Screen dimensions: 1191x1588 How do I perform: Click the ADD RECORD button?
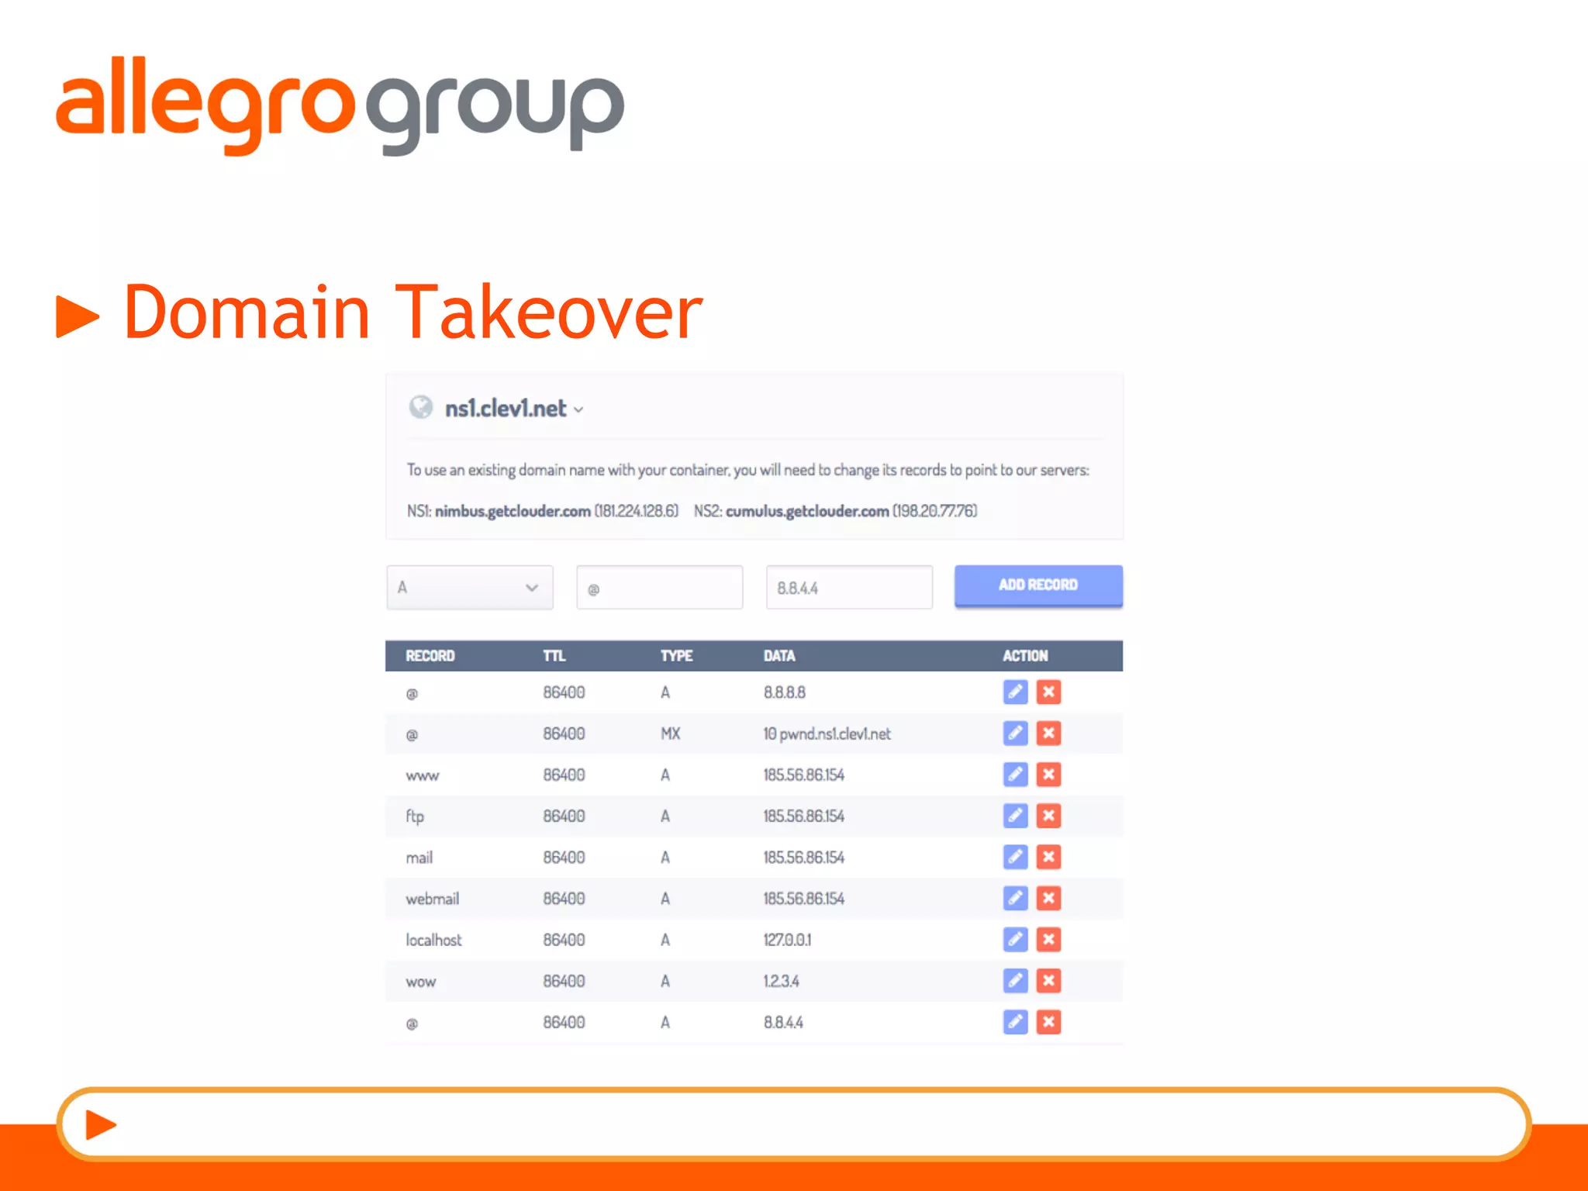tap(1037, 585)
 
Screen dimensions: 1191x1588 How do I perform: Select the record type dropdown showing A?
tap(469, 588)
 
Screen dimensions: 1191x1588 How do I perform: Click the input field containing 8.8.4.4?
tap(848, 588)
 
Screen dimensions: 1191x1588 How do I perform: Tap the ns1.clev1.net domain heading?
tap(506, 409)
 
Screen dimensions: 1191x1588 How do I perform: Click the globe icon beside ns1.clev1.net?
tap(421, 407)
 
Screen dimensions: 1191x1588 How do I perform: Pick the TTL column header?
tap(554, 656)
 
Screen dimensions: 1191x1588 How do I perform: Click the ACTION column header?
tap(1024, 656)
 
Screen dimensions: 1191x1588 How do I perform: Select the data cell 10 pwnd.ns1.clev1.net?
tap(827, 734)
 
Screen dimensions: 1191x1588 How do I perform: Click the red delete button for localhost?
tap(1048, 940)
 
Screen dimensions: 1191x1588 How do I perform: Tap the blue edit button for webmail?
tap(1015, 899)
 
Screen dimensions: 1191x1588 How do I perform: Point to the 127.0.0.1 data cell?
tap(787, 940)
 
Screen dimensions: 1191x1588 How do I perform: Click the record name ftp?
tap(415, 816)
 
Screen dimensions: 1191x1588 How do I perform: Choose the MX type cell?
tap(670, 734)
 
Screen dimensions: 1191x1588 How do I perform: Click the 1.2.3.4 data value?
tap(781, 981)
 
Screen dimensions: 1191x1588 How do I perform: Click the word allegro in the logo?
tap(205, 105)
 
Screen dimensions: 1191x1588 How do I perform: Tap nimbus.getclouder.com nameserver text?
tap(513, 511)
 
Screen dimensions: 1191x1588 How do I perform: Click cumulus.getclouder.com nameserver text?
tap(806, 511)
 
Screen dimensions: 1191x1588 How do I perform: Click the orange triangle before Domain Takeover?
tap(78, 316)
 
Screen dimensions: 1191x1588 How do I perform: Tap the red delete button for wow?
tap(1048, 981)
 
